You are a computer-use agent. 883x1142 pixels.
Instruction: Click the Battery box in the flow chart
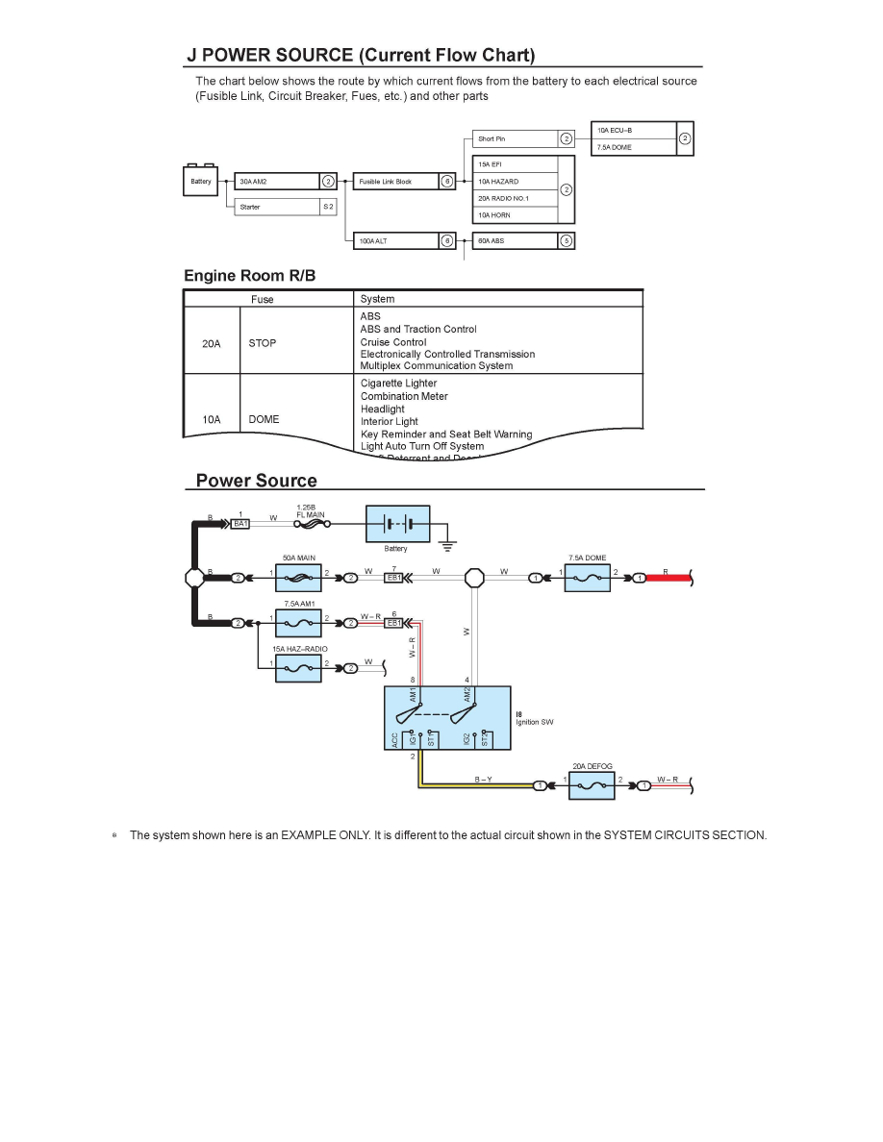click(201, 181)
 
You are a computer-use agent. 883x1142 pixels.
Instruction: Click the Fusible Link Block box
click(395, 181)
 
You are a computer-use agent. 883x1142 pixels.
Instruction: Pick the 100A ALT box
click(395, 241)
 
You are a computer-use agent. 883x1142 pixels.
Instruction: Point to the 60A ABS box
click(516, 241)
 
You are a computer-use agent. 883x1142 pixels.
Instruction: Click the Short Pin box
click(516, 139)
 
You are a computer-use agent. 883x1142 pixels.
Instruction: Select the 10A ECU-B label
click(616, 129)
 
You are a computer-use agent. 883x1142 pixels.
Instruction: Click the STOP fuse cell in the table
click(263, 342)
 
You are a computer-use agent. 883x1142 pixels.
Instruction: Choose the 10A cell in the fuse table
click(212, 419)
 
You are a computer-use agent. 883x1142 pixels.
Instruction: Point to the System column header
click(377, 299)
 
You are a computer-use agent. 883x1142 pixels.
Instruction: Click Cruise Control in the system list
click(393, 342)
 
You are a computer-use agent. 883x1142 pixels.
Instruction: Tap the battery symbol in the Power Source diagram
click(396, 524)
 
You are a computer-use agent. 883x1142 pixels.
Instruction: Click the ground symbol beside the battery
click(447, 545)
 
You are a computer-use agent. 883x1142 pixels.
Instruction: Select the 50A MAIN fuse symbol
click(299, 577)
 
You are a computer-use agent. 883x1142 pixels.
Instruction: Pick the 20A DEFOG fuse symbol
click(592, 785)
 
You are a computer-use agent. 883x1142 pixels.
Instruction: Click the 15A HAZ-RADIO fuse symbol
click(299, 664)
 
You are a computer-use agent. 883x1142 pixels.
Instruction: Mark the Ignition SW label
click(535, 722)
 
